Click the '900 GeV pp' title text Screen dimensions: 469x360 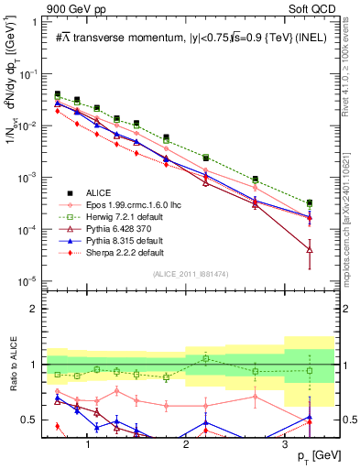[72, 9]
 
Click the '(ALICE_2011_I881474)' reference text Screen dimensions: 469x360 [191, 274]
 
